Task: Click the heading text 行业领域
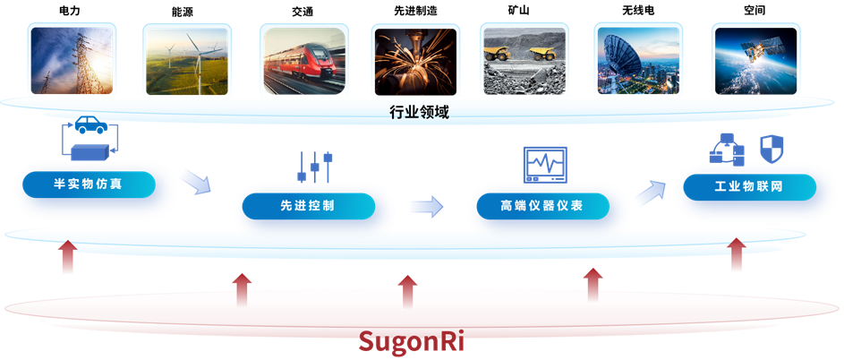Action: [x=420, y=112]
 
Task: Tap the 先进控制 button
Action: [x=305, y=206]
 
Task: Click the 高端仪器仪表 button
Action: [x=541, y=206]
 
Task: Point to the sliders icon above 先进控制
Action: [x=314, y=167]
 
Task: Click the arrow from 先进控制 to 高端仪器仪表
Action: [x=426, y=207]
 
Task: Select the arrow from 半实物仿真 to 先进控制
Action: [x=195, y=181]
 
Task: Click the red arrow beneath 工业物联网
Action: [x=736, y=254]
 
